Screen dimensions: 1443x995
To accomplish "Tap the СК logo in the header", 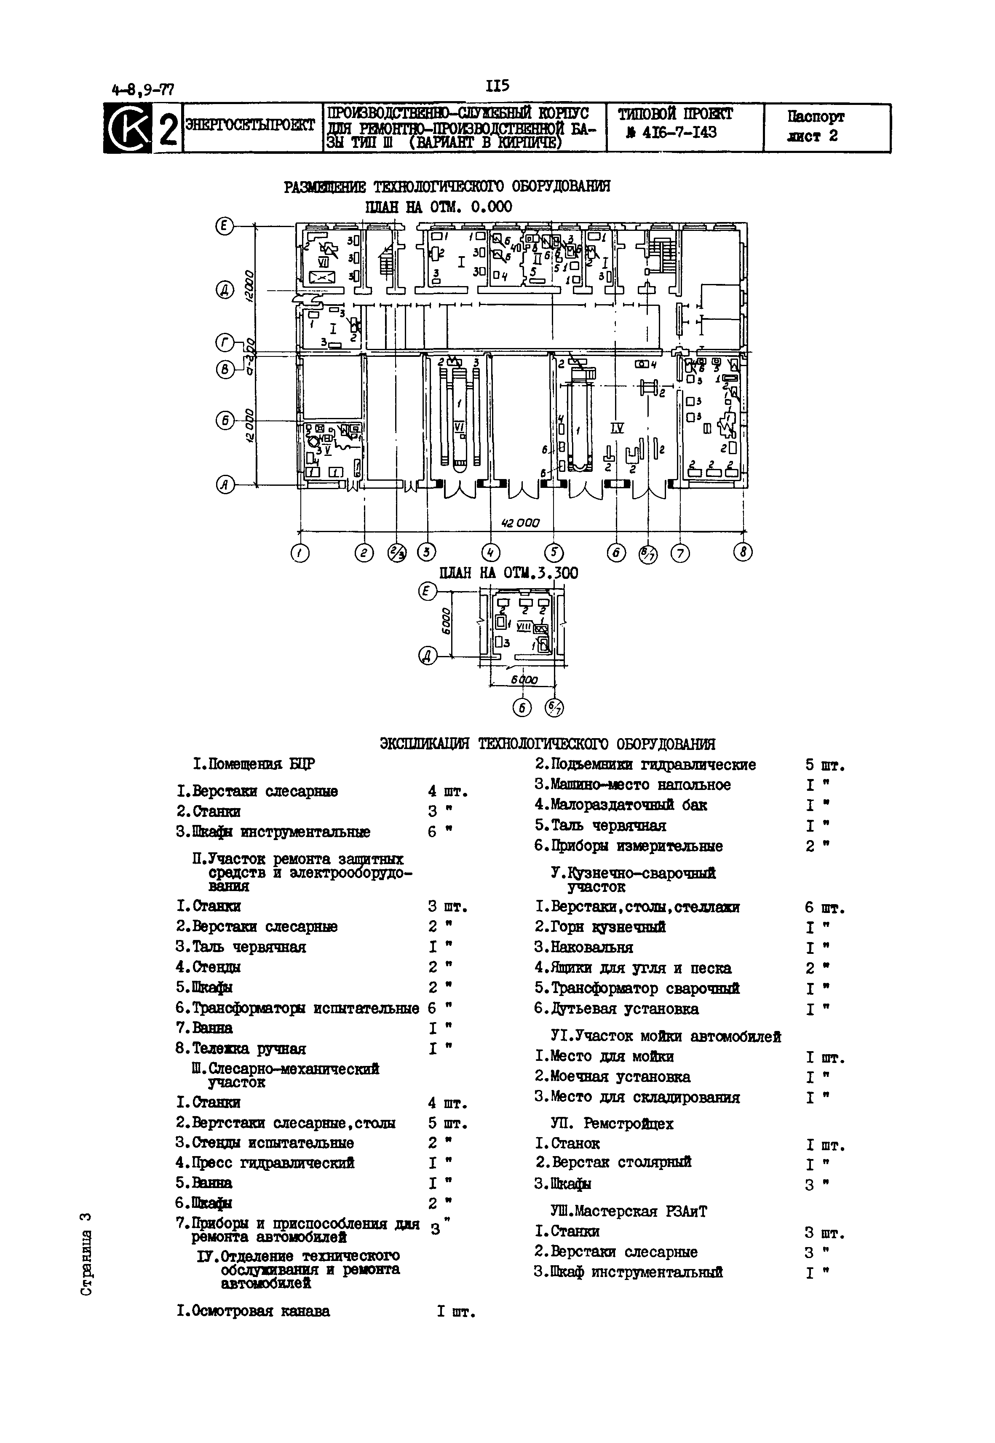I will click(x=128, y=129).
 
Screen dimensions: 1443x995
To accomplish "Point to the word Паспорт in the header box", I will click(x=816, y=117).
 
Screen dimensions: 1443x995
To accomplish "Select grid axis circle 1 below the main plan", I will click(x=300, y=553).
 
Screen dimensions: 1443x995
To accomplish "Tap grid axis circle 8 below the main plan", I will click(x=743, y=552).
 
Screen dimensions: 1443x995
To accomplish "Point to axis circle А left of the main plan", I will click(x=225, y=485).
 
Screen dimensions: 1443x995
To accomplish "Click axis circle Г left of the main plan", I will click(x=225, y=343).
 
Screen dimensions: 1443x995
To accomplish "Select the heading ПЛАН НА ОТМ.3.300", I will click(x=508, y=573).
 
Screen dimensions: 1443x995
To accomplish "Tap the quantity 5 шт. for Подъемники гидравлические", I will click(x=824, y=765).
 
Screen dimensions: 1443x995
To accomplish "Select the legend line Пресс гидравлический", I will click(x=265, y=1163).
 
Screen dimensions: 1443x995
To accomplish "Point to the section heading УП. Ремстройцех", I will click(x=612, y=1124).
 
